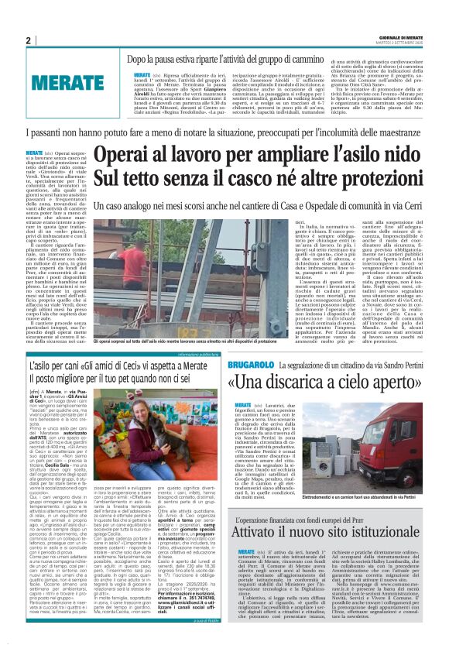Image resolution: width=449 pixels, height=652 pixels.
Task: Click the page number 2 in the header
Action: (x=28, y=40)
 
